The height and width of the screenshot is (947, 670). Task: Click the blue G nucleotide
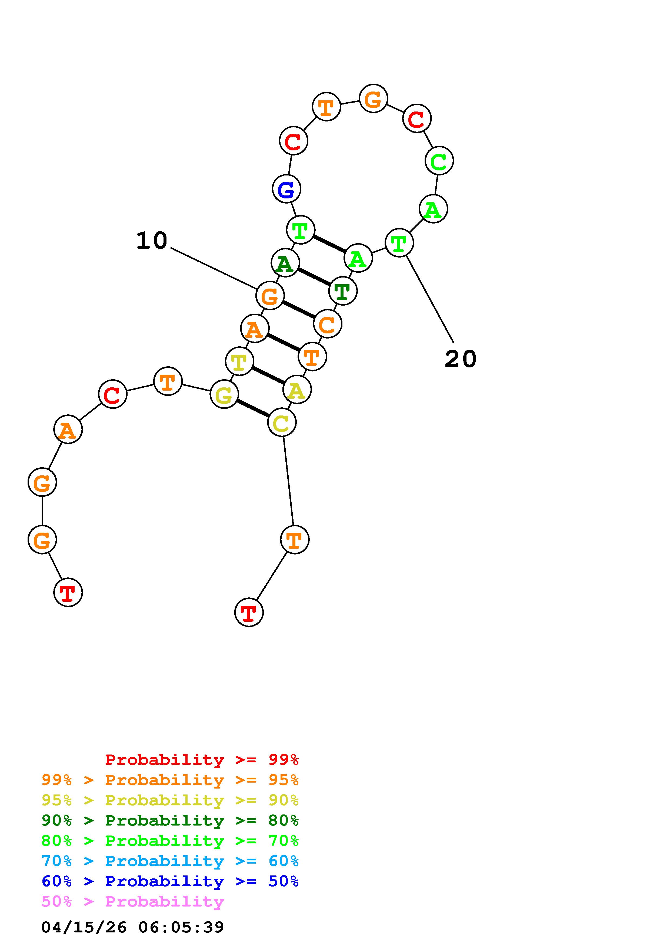(x=286, y=189)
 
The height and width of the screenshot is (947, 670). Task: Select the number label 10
(x=152, y=241)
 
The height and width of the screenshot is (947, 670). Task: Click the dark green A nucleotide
(x=285, y=263)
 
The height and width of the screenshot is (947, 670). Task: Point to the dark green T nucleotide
(x=343, y=291)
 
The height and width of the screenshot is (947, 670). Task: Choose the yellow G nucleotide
(x=224, y=394)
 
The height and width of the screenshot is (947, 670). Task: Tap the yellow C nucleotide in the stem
(x=282, y=422)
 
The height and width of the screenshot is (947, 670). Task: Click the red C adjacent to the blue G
(x=294, y=141)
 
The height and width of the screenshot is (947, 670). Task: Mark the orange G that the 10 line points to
(x=270, y=296)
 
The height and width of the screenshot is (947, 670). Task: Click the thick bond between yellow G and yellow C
(x=253, y=408)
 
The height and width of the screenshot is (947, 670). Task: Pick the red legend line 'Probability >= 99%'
(x=201, y=760)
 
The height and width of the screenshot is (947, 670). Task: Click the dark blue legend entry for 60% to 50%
(x=170, y=881)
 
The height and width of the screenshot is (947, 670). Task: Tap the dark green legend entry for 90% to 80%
(x=170, y=821)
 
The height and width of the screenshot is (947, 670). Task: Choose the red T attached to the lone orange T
(x=249, y=613)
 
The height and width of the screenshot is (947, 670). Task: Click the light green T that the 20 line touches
(x=399, y=243)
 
